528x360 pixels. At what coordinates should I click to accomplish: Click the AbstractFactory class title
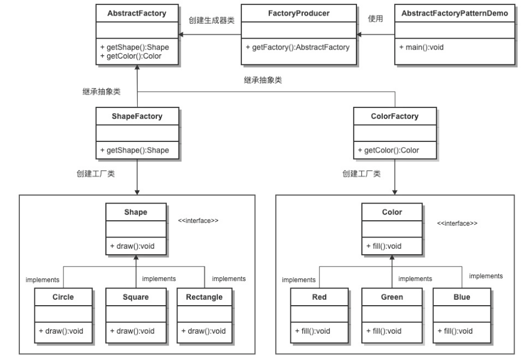point(137,13)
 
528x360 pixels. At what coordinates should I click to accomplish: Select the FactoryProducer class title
point(299,13)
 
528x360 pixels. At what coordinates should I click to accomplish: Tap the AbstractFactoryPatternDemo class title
point(454,13)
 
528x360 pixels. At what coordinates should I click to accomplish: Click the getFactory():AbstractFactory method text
point(298,47)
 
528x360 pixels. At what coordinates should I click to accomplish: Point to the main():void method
point(421,47)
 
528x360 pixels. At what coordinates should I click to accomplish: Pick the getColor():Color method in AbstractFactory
point(131,56)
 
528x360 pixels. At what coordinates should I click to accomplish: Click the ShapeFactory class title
point(137,117)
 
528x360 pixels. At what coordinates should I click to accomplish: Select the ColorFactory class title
point(395,117)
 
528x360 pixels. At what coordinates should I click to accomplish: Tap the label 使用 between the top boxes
point(375,19)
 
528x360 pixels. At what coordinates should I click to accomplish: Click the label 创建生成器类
point(211,20)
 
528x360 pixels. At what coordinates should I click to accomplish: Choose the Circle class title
point(63,297)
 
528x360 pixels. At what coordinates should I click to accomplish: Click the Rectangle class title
point(204,298)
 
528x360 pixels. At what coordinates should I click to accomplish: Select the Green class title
point(392,297)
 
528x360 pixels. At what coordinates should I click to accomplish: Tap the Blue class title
point(462,297)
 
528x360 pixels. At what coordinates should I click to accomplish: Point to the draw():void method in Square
point(132,331)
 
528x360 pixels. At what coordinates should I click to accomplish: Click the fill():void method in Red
point(312,331)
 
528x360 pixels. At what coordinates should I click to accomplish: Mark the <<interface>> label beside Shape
point(198,221)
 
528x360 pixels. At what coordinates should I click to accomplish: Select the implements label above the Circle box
point(42,280)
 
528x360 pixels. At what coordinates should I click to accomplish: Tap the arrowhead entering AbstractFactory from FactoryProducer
point(181,34)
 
